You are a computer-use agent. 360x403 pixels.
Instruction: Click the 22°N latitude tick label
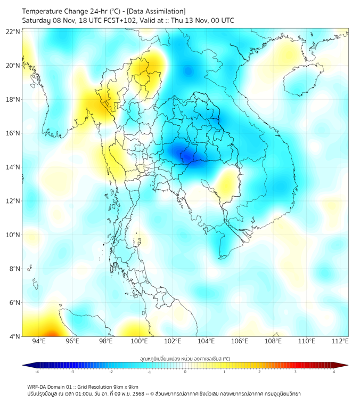13,31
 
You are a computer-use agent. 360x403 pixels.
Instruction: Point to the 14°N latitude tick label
13,167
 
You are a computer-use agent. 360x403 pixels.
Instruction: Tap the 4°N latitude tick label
14,336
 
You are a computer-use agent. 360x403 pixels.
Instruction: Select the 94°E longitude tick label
38,341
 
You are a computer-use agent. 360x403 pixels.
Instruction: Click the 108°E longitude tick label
274,341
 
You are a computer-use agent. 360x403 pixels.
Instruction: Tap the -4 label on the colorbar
37,372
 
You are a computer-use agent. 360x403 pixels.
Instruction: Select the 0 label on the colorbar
185,372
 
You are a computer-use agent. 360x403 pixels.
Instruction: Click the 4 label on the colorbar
334,372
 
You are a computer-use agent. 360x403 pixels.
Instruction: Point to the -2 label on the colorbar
111,372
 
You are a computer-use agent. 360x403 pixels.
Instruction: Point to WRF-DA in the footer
38,386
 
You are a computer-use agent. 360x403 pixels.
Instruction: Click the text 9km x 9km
126,386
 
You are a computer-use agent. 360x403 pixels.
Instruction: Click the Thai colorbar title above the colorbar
185,358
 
